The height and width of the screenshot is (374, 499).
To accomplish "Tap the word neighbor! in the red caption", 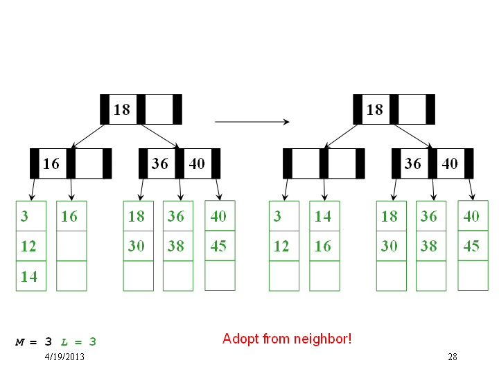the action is (x=322, y=339).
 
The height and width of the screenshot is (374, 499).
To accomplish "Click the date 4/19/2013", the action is (x=64, y=357).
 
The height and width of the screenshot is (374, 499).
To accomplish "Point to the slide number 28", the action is (x=452, y=357).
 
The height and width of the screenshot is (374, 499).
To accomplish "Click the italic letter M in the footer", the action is (x=19, y=342).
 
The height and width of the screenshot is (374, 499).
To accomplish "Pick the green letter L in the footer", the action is (x=64, y=342).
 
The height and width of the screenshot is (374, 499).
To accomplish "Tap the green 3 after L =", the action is (x=93, y=342).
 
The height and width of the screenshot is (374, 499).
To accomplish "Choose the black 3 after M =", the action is (x=48, y=342).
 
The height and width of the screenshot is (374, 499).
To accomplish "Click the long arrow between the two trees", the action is (x=252, y=121).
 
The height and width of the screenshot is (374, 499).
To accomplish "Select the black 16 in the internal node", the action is (x=51, y=163).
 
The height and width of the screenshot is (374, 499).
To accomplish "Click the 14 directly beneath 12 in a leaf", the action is (x=29, y=276).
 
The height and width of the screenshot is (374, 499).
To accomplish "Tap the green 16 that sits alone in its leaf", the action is (x=69, y=217).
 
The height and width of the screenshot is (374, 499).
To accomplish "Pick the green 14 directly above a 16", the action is (x=323, y=217).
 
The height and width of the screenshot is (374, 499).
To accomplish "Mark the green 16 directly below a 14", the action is (x=323, y=247).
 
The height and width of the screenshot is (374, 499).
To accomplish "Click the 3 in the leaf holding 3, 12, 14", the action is (x=24, y=216).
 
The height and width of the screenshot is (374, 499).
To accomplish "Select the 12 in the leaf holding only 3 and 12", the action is (x=281, y=247).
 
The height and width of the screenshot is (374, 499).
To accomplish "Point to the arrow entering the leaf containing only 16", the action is (x=71, y=190).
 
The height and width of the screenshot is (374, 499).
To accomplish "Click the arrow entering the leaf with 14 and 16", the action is (x=324, y=190).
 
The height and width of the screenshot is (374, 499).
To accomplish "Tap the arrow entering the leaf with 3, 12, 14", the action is (x=33, y=190).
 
